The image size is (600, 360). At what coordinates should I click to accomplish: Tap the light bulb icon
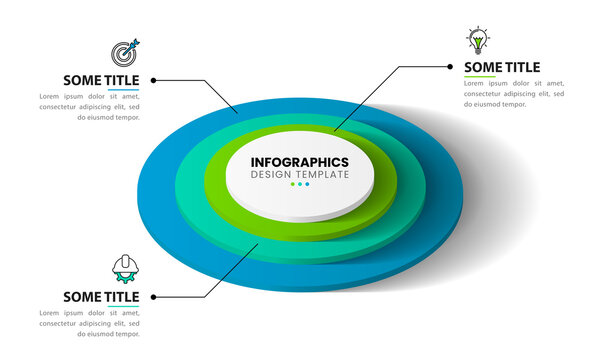pyautogui.click(x=478, y=41)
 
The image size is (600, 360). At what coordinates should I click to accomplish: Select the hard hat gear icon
pyautogui.click(x=126, y=267)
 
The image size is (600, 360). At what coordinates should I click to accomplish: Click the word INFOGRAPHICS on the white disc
pyautogui.click(x=300, y=162)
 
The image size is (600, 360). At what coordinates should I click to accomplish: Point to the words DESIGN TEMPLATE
pyautogui.click(x=300, y=175)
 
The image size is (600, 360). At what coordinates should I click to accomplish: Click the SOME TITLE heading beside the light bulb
pyautogui.click(x=502, y=67)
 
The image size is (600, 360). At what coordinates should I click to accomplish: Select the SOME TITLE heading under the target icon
pyautogui.click(x=101, y=80)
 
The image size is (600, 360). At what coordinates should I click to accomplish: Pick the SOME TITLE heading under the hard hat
pyautogui.click(x=101, y=296)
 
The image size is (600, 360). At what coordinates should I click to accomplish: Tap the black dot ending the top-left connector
pyautogui.click(x=153, y=80)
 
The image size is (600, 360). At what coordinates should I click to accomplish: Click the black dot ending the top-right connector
pyautogui.click(x=450, y=67)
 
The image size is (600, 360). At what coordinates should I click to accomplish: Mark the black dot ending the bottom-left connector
pyautogui.click(x=153, y=296)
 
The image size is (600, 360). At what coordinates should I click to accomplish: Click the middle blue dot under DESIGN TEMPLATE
pyautogui.click(x=300, y=184)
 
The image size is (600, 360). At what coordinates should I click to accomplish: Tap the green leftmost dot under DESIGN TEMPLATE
pyautogui.click(x=293, y=184)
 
